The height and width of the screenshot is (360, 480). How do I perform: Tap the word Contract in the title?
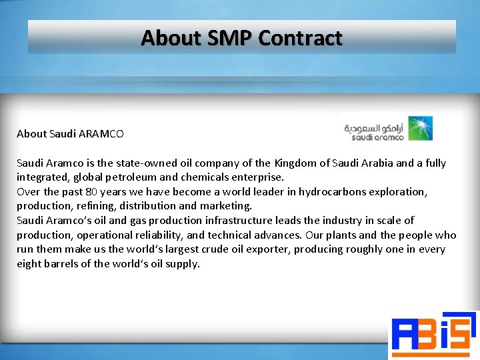[300, 38]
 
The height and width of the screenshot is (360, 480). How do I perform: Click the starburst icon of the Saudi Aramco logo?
[420, 128]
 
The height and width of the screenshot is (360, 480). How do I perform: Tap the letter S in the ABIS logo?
[463, 333]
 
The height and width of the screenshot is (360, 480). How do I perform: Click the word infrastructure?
[255, 221]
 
